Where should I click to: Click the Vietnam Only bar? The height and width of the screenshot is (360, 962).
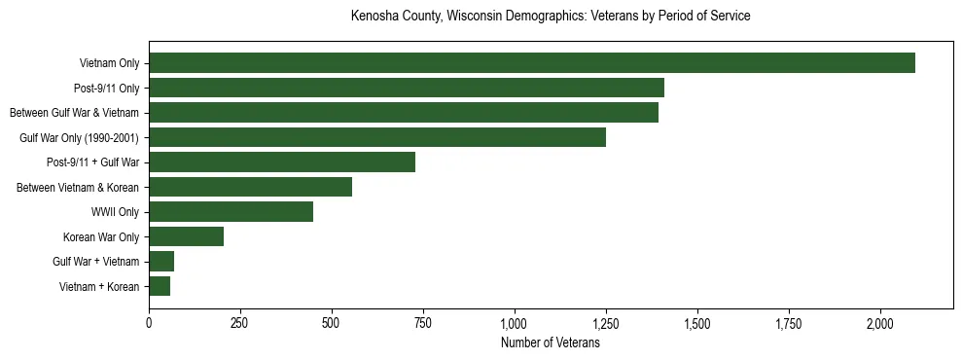pos(532,63)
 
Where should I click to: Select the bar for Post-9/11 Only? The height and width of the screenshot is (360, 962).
pos(407,88)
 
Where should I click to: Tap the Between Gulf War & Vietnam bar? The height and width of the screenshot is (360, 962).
pos(404,113)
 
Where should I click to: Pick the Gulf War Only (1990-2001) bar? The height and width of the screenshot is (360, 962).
pos(377,137)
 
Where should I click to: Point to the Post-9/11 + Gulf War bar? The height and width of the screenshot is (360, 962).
pos(282,162)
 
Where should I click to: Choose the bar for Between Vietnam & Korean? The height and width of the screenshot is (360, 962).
pos(250,187)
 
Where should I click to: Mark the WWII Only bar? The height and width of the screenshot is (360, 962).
pos(231,212)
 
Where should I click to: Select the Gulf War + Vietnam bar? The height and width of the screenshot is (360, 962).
pos(161,262)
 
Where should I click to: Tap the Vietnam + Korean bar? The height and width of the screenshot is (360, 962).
pos(160,286)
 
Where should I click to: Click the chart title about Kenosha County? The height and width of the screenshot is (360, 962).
pos(551,17)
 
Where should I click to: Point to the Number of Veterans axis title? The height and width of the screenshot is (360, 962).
pos(551,342)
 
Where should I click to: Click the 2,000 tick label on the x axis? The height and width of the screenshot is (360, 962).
pos(880,323)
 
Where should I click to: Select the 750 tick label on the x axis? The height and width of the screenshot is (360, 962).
pos(423,323)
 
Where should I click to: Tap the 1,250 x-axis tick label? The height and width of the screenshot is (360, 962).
pos(606,323)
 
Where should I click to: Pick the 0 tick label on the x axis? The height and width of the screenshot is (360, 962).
pos(149,323)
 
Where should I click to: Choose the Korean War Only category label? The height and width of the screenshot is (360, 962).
pos(101,236)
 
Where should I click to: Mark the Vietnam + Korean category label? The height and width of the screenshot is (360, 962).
pos(99,287)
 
